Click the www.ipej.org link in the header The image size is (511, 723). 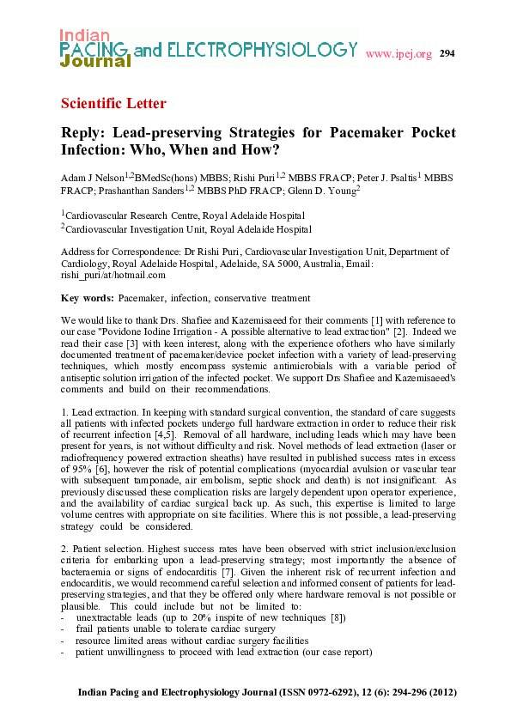point(398,55)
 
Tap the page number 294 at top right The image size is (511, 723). point(447,54)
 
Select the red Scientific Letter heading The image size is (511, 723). point(113,104)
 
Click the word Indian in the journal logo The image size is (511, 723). point(84,35)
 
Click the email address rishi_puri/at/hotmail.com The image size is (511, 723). point(113,275)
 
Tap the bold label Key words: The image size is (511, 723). point(87,298)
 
